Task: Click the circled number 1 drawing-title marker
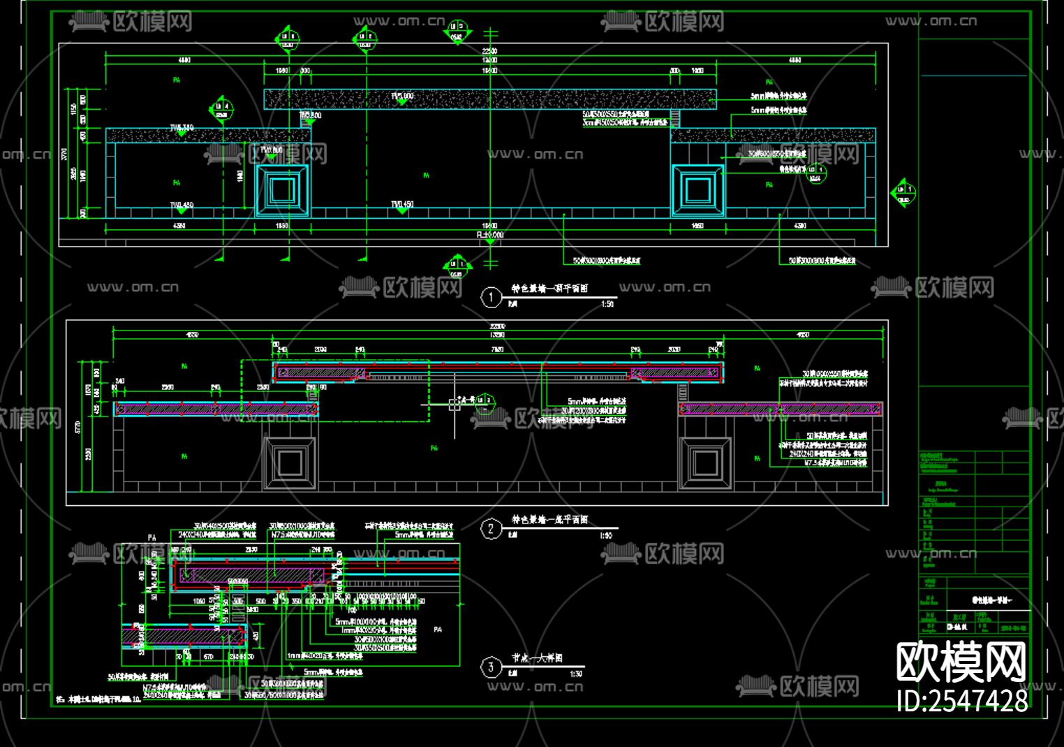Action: pyautogui.click(x=491, y=297)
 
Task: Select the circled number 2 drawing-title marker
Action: pyautogui.click(x=491, y=528)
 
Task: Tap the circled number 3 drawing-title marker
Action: pyautogui.click(x=491, y=667)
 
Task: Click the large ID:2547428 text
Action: pyautogui.click(x=963, y=700)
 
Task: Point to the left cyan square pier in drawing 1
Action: pyautogui.click(x=283, y=190)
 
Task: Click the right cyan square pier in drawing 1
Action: pyautogui.click(x=697, y=190)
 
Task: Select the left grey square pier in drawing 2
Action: pyautogui.click(x=290, y=463)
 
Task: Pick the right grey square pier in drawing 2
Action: pyautogui.click(x=706, y=463)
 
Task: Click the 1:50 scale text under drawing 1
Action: pyautogui.click(x=607, y=304)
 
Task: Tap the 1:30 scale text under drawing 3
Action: pyautogui.click(x=576, y=674)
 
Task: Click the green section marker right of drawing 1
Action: pyautogui.click(x=903, y=193)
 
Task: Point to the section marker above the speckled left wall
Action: pyautogui.click(x=221, y=110)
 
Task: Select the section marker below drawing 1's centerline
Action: pyautogui.click(x=457, y=266)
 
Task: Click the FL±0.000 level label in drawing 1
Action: pyautogui.click(x=490, y=235)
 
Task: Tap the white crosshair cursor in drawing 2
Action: pyautogui.click(x=455, y=405)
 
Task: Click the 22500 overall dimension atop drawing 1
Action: pyautogui.click(x=489, y=51)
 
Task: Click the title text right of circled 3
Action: pyautogui.click(x=538, y=658)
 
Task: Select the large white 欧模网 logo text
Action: pyautogui.click(x=962, y=662)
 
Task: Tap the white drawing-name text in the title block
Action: pyautogui.click(x=991, y=600)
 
